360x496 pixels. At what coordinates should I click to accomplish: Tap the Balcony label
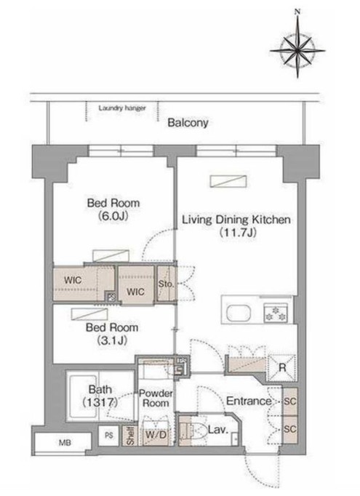pyautogui.click(x=188, y=122)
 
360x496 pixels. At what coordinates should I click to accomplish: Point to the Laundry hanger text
pyautogui.click(x=122, y=108)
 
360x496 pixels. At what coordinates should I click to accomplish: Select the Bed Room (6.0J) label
pyautogui.click(x=113, y=209)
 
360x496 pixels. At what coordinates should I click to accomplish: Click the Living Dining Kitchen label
pyautogui.click(x=236, y=225)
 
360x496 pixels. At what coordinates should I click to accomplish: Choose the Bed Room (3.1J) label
pyautogui.click(x=112, y=333)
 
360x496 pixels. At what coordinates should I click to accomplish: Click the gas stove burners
pyautogui.click(x=276, y=313)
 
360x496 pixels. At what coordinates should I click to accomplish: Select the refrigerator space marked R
pyautogui.click(x=282, y=367)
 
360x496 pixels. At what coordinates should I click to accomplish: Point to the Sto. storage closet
pyautogui.click(x=166, y=284)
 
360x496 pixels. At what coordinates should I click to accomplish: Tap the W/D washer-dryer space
pyautogui.click(x=156, y=435)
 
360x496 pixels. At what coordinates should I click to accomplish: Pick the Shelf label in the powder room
pyautogui.click(x=130, y=435)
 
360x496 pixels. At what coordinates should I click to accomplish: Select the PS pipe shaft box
pyautogui.click(x=108, y=435)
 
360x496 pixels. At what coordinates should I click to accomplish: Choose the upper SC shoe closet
pyautogui.click(x=289, y=401)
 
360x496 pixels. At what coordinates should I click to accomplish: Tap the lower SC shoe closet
pyautogui.click(x=289, y=429)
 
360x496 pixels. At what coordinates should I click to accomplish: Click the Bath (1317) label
pyautogui.click(x=100, y=396)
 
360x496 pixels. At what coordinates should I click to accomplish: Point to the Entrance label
pyautogui.click(x=249, y=401)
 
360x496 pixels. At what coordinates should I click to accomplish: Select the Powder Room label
pyautogui.click(x=156, y=399)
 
